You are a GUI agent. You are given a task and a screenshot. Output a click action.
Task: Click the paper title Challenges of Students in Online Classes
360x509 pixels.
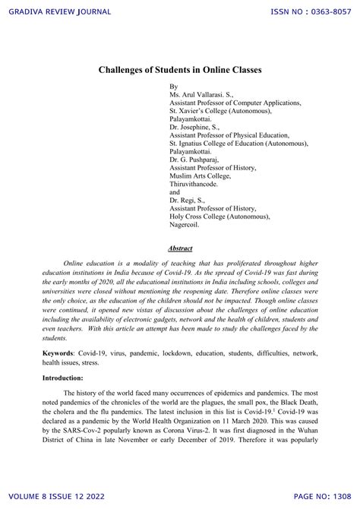[180, 69]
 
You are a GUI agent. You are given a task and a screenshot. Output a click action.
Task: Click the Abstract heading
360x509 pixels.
[180, 248]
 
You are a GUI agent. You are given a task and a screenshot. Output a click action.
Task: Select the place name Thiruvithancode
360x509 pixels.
[199, 183]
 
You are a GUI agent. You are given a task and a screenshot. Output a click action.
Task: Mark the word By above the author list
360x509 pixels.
[174, 86]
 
